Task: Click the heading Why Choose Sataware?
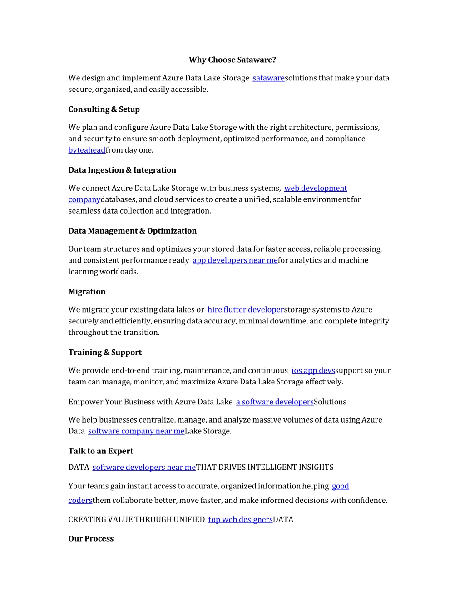(232, 60)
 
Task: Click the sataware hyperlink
(268, 78)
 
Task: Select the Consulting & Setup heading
(104, 109)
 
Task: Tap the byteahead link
(87, 150)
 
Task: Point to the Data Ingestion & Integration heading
(122, 170)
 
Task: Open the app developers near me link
(235, 260)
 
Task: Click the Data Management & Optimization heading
(132, 231)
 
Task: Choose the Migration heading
(87, 292)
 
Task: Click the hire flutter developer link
(245, 310)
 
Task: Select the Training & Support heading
(105, 353)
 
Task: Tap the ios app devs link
(313, 371)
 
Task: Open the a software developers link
(275, 402)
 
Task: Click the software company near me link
(136, 431)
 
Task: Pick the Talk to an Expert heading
(101, 451)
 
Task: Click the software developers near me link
(144, 468)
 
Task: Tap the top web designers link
(240, 520)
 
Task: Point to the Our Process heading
(91, 539)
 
